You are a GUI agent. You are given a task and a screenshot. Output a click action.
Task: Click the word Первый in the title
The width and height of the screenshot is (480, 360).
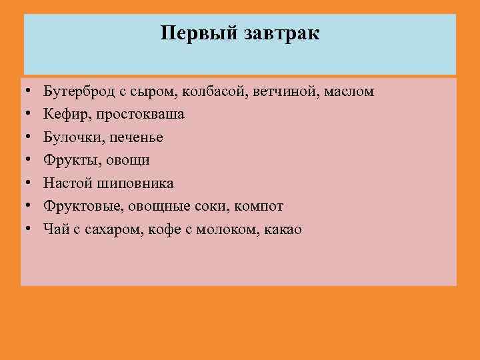[192, 33]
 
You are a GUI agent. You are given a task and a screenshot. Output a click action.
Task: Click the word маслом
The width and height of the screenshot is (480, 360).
[350, 91]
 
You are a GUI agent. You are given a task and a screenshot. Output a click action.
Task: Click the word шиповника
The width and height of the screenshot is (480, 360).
[136, 183]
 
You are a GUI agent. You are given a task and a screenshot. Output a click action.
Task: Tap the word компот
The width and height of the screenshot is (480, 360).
[260, 207]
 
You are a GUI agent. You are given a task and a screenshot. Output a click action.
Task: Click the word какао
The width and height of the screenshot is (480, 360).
[283, 229]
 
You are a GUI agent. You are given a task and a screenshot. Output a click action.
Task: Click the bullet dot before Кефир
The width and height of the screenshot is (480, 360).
[29, 115]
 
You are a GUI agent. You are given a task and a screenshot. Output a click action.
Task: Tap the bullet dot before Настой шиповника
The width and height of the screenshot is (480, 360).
[29, 183]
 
